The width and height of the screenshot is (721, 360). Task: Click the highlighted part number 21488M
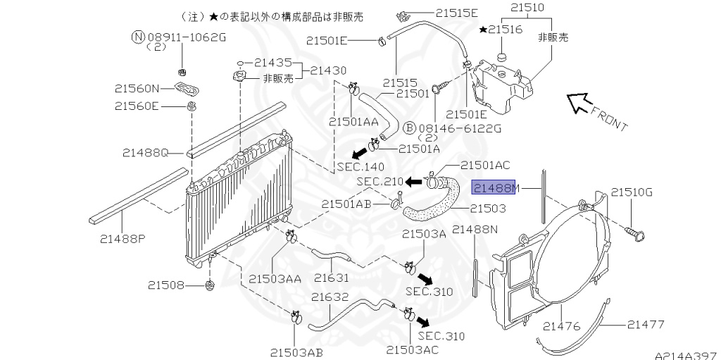click(496, 189)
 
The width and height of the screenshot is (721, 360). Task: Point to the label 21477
click(646, 325)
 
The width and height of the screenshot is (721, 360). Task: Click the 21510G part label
click(632, 192)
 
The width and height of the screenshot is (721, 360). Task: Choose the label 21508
click(166, 285)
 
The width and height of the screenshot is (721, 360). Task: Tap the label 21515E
click(456, 13)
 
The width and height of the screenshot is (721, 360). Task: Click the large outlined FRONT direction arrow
click(580, 104)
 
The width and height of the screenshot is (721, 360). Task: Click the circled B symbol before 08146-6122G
click(408, 128)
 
